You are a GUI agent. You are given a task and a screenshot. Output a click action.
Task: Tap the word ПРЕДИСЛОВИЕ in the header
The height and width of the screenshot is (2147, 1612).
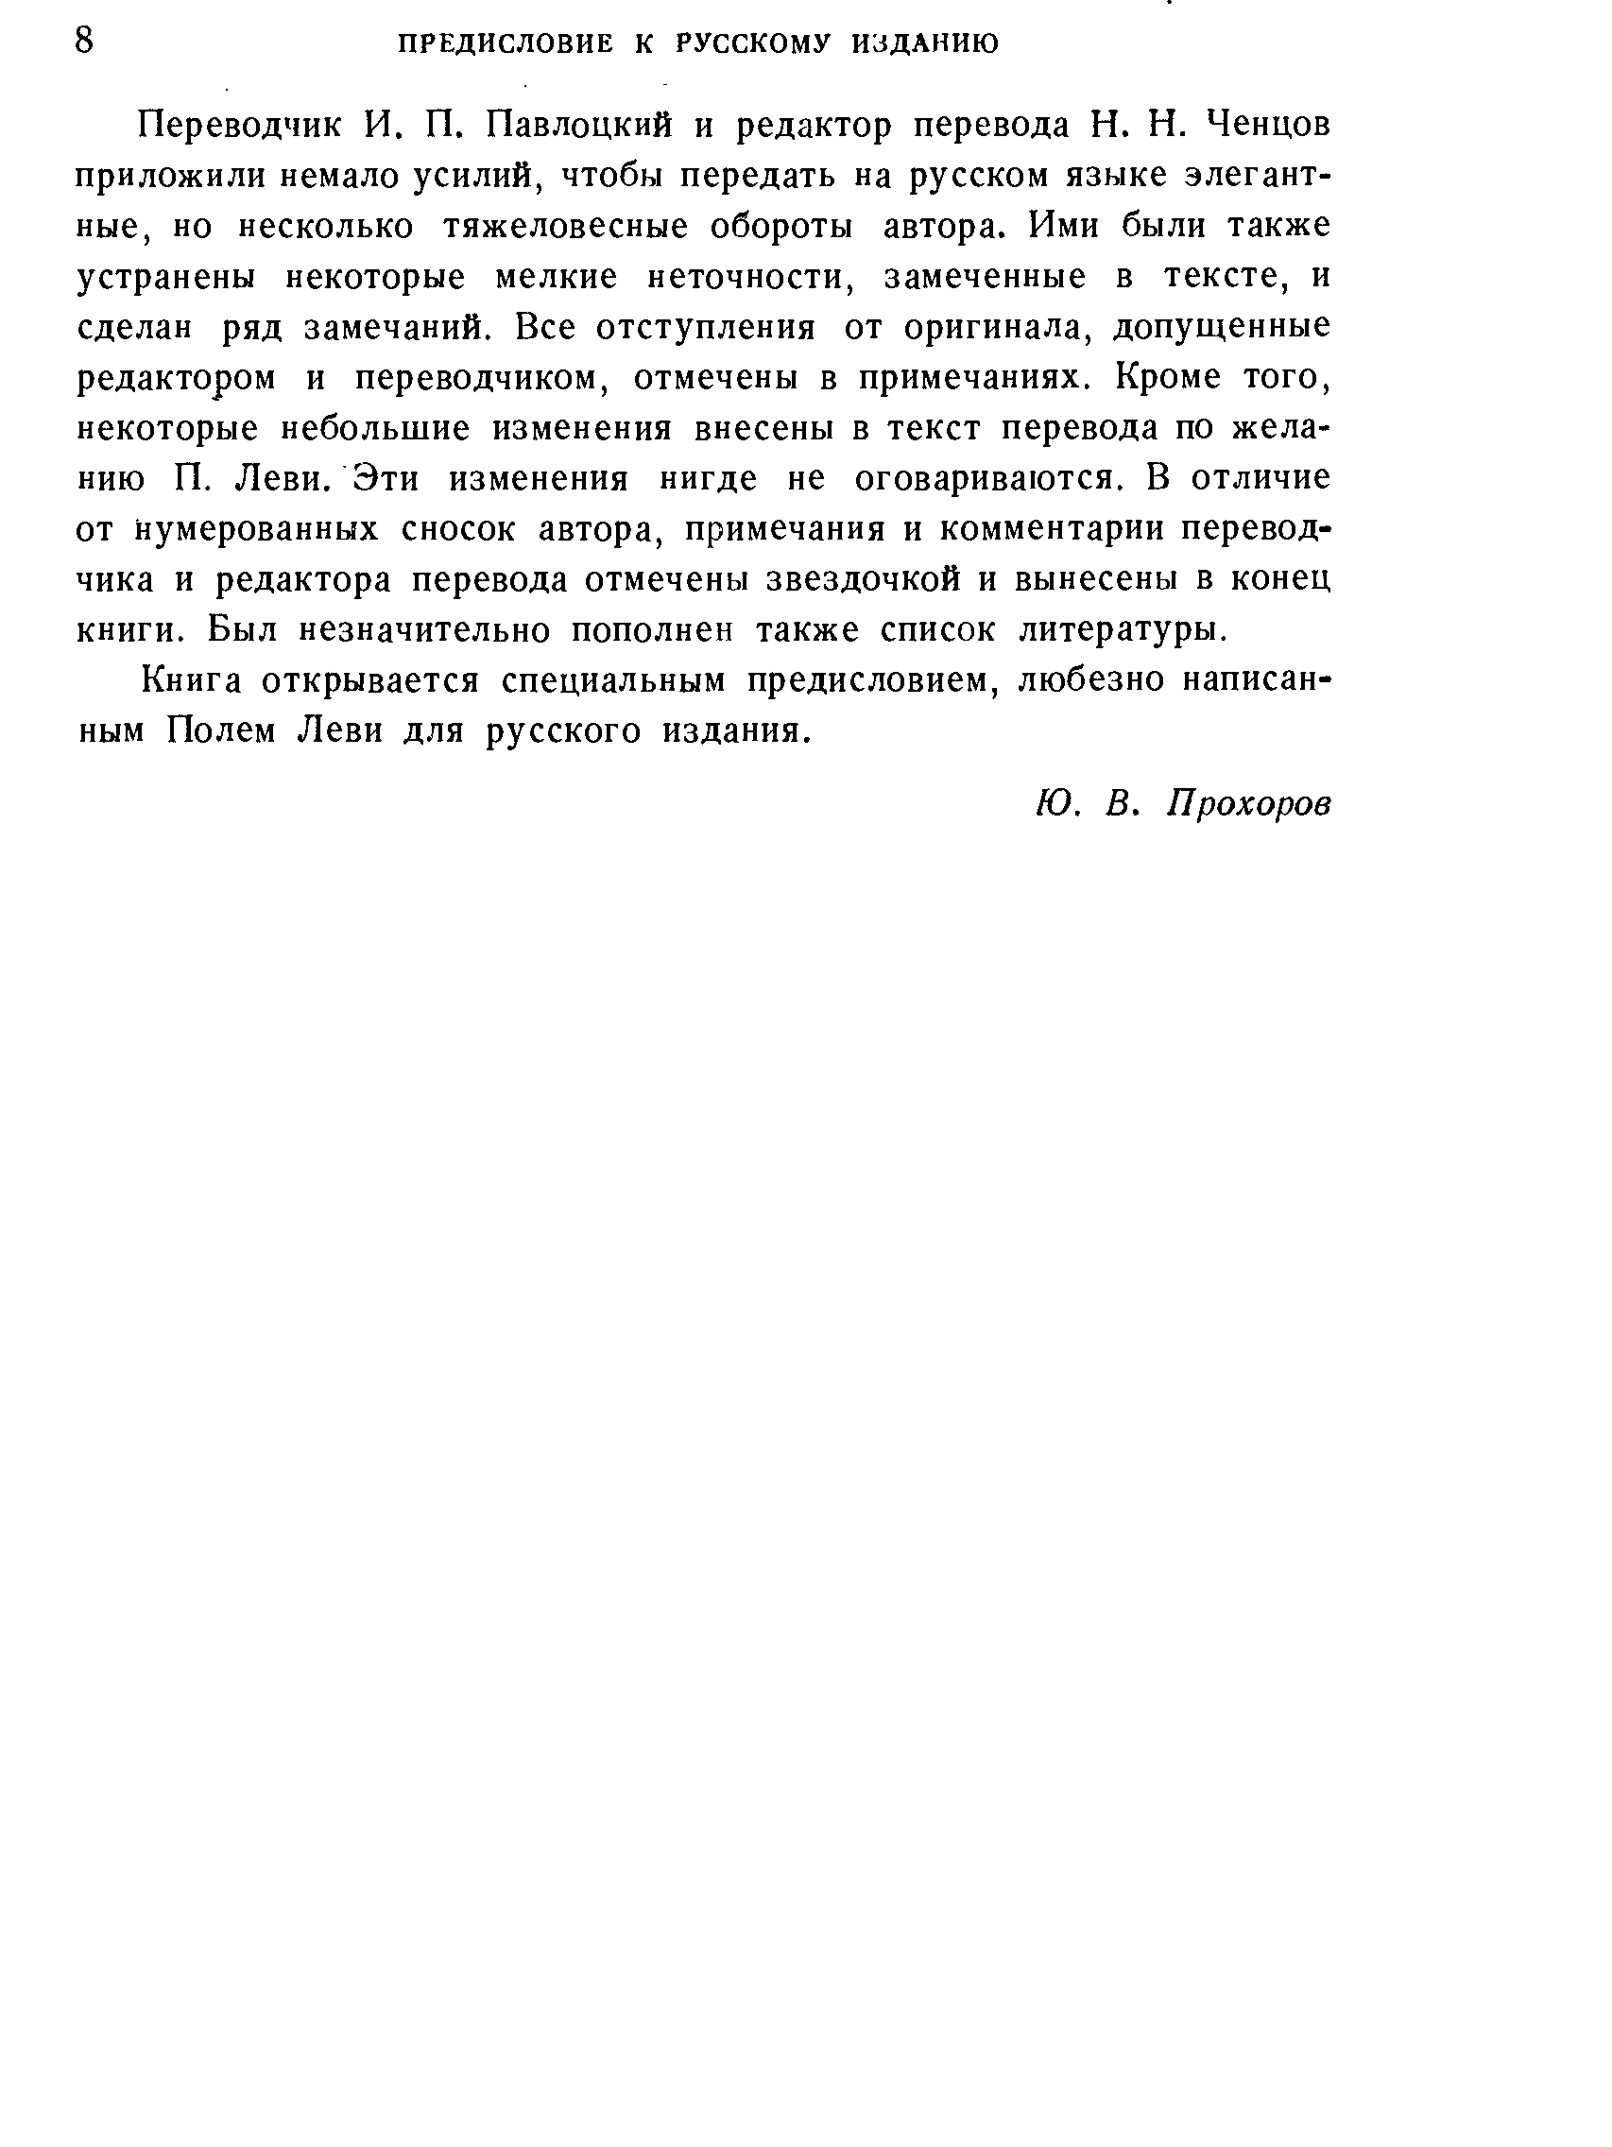506,43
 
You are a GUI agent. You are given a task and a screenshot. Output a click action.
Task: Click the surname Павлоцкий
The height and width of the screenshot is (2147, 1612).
579,127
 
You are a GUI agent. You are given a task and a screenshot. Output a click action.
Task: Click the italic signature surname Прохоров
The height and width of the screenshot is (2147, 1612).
1249,803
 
